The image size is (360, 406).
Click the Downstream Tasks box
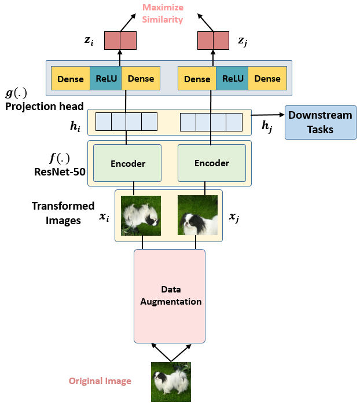coord(320,122)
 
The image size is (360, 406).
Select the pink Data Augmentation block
coord(170,295)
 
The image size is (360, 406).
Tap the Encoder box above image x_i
coord(128,163)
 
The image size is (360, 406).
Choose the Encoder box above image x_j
coord(211,163)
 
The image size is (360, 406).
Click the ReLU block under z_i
coord(105,79)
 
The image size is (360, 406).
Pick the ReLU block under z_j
coord(232,79)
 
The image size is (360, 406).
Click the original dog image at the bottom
coord(171,382)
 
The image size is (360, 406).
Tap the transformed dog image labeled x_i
coord(141,215)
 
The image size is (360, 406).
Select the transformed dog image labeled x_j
coord(197,215)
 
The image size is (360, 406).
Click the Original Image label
coord(100,381)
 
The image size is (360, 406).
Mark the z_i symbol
coord(88,41)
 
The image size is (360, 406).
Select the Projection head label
coord(45,106)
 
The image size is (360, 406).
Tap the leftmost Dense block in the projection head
coord(70,79)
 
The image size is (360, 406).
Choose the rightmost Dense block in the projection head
coord(267,79)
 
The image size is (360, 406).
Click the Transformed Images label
coord(63,213)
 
